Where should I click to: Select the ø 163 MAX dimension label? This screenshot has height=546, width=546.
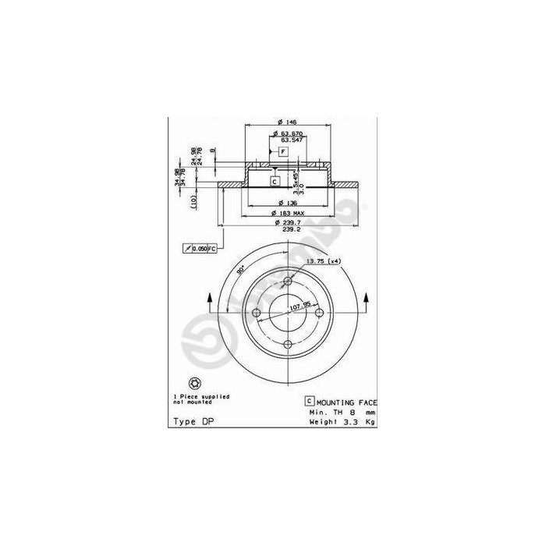pyautogui.click(x=287, y=213)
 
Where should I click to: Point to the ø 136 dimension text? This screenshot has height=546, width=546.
pyautogui.click(x=287, y=203)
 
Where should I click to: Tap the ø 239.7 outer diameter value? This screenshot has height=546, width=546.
pyautogui.click(x=287, y=222)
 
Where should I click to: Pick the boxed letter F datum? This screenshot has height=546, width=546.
pyautogui.click(x=283, y=150)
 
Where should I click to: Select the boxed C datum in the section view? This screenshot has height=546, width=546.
pyautogui.click(x=275, y=181)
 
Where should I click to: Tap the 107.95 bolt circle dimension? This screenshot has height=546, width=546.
pyautogui.click(x=289, y=307)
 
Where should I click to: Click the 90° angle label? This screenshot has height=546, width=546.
pyautogui.click(x=242, y=269)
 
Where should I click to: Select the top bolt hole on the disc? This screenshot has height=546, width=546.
pyautogui.click(x=287, y=282)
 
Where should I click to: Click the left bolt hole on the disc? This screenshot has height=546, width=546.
pyautogui.click(x=257, y=313)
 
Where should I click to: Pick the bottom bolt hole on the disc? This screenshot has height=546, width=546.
pyautogui.click(x=287, y=344)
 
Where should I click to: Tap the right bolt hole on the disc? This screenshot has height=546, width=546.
pyautogui.click(x=318, y=313)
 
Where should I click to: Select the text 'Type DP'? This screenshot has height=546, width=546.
pyautogui.click(x=190, y=421)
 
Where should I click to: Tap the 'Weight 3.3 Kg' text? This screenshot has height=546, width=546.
pyautogui.click(x=343, y=421)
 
